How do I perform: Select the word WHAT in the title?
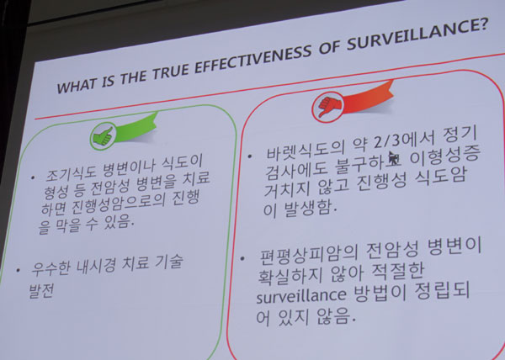tap(77, 85)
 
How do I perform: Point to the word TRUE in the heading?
tap(170, 71)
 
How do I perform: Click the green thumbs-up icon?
tap(103, 136)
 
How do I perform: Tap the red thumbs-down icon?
tap(327, 105)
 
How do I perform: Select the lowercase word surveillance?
tap(301, 295)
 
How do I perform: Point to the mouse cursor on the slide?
tap(393, 157)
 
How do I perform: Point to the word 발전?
tap(41, 291)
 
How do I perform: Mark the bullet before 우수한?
tap(18, 270)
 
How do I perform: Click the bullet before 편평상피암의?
tap(243, 258)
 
